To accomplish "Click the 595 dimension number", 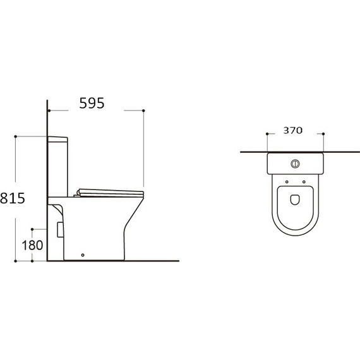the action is click(x=92, y=103).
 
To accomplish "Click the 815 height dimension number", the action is click(x=13, y=198).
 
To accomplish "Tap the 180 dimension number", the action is click(x=32, y=245).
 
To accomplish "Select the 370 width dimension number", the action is click(x=292, y=130).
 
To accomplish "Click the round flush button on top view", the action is click(x=295, y=164).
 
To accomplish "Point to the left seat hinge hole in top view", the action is click(x=287, y=182).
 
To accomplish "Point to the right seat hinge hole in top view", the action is click(x=304, y=182).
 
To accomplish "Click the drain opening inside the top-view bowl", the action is click(x=295, y=200).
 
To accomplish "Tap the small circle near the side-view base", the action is click(x=83, y=255).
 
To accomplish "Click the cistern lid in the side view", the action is click(x=57, y=140).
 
